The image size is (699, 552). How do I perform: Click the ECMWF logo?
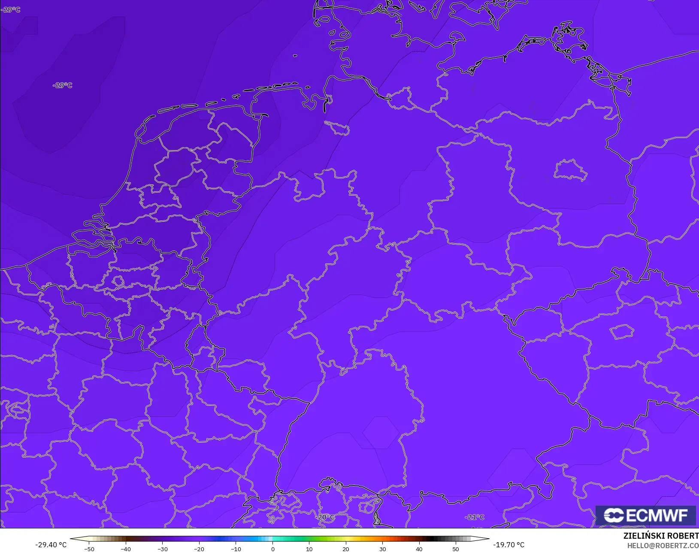pyautogui.click(x=645, y=515)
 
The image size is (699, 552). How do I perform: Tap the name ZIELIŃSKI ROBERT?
pyautogui.click(x=661, y=536)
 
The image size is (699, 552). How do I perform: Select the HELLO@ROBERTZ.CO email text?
pyautogui.click(x=663, y=546)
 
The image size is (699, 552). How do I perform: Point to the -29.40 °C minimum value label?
pyautogui.click(x=51, y=545)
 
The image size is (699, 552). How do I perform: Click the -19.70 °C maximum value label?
pyautogui.click(x=508, y=545)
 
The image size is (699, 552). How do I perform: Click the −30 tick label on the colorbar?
pyautogui.click(x=162, y=549)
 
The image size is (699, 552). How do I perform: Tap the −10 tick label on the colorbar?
pyautogui.click(x=236, y=549)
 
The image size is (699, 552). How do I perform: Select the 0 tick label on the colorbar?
pyautogui.click(x=272, y=549)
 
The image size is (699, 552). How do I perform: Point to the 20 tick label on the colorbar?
pyautogui.click(x=346, y=549)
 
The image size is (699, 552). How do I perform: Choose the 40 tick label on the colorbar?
pyautogui.click(x=419, y=549)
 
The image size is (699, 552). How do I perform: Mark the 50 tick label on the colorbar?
pyautogui.click(x=456, y=549)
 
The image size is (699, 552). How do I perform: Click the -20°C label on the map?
pyautogui.click(x=325, y=517)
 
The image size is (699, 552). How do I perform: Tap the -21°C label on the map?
pyautogui.click(x=475, y=517)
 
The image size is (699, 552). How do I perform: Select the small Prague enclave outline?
pyautogui.click(x=622, y=332)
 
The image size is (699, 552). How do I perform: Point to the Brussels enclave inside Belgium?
pyautogui.click(x=118, y=281)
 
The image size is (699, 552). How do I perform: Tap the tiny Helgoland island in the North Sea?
pyautogui.click(x=295, y=56)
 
